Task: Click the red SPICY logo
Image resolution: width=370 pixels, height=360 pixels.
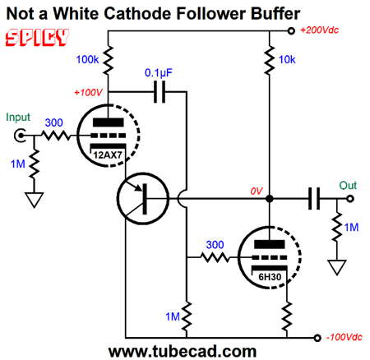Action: (37, 37)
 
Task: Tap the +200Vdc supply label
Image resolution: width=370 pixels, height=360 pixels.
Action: (320, 30)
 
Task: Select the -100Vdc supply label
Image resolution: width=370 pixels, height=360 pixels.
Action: (345, 337)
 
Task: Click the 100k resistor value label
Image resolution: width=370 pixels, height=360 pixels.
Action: (87, 59)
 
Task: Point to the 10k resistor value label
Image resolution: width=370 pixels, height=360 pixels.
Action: (287, 59)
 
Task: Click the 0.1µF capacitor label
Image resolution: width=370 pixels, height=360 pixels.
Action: (159, 73)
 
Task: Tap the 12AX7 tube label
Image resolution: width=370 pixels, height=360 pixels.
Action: (108, 155)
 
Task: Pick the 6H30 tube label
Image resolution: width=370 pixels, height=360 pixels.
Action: (270, 277)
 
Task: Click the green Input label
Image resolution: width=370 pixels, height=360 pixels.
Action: (18, 118)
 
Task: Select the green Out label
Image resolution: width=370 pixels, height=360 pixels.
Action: (348, 186)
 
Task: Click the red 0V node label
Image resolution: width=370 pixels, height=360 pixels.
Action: (257, 192)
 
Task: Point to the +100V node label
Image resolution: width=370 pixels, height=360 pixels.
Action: (88, 93)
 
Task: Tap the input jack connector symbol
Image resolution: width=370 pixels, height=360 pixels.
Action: (20, 136)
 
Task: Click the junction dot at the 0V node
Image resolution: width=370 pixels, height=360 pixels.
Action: (270, 199)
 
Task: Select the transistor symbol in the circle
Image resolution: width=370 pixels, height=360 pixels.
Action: (143, 199)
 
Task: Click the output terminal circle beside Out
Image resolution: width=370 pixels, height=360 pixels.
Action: (350, 199)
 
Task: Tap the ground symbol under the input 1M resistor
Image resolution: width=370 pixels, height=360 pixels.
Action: (35, 200)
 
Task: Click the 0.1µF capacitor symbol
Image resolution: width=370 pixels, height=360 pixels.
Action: (160, 92)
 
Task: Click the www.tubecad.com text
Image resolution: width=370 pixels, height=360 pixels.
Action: (183, 351)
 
